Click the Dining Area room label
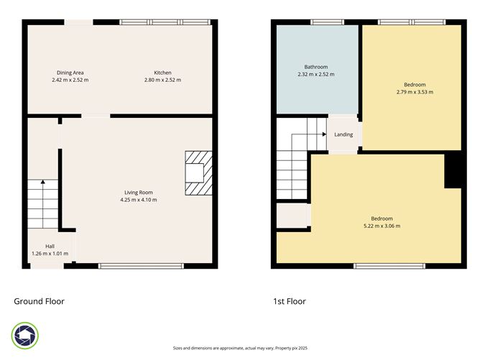pos(70,73)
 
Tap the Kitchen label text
pos(162,73)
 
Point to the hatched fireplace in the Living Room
pos(195,173)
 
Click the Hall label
pos(50,246)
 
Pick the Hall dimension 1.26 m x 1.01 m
pos(50,254)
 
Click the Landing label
pos(343,134)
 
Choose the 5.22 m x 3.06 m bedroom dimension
pos(382,226)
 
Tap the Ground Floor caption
pos(40,301)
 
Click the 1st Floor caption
pos(289,301)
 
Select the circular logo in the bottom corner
pos(25,336)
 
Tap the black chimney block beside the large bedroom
pos(453,171)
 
